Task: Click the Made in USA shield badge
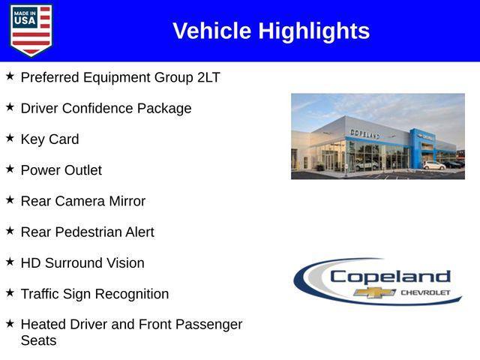coord(31,31)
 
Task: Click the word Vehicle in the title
coord(212,31)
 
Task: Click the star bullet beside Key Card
coord(10,139)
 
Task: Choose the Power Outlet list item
coord(61,170)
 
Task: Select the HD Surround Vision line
coord(82,263)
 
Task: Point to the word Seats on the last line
coord(38,340)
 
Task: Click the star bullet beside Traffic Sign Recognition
coord(10,293)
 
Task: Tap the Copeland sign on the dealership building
coord(365,133)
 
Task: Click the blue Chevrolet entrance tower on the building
coord(418,147)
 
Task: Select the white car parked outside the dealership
coord(433,165)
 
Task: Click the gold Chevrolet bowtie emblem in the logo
coord(375,292)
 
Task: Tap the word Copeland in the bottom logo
coord(390,276)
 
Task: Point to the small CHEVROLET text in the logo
coord(425,292)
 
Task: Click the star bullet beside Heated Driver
coord(10,324)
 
